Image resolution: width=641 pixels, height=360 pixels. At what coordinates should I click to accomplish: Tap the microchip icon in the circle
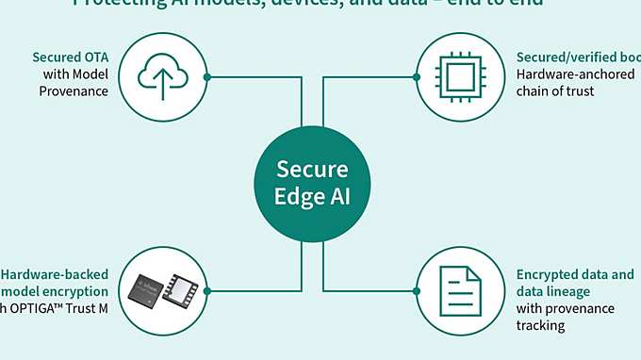(458, 75)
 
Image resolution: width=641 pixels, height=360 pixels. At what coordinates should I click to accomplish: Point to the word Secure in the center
(312, 170)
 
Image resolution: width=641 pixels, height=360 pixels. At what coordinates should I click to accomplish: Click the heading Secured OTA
(70, 57)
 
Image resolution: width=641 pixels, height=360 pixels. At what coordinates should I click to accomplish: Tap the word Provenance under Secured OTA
(74, 91)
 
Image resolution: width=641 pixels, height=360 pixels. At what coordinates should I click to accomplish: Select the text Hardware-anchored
(575, 74)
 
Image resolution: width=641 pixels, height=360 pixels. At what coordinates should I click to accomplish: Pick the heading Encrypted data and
(575, 274)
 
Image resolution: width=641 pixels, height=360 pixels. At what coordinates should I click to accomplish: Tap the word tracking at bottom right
(540, 325)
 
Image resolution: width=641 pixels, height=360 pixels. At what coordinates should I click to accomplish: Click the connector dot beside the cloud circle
(206, 76)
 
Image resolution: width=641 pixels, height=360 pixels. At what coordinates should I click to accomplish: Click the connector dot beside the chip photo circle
(206, 290)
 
